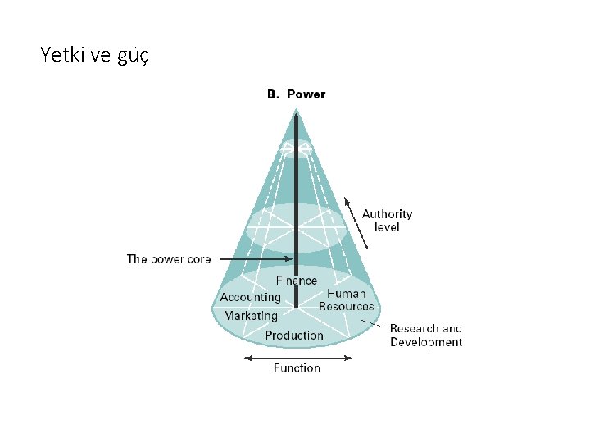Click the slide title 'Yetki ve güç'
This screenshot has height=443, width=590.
[93, 55]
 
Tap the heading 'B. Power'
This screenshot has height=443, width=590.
[296, 94]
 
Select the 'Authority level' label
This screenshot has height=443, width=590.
[387, 220]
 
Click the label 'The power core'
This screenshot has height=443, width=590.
[168, 259]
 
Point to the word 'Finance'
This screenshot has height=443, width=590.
[296, 281]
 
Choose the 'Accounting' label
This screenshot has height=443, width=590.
[250, 297]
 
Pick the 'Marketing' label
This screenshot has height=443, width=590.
[250, 315]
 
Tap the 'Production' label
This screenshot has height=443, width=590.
[294, 335]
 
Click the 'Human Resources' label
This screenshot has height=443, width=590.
[346, 299]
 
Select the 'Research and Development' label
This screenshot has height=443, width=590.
[425, 336]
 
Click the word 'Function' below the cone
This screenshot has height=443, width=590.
[297, 368]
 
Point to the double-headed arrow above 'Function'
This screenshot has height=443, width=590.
[298, 358]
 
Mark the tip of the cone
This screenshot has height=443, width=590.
[296, 111]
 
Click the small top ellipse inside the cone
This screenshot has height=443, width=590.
[296, 148]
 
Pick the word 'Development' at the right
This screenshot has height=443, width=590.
[425, 342]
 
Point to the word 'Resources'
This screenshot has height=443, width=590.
[346, 306]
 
